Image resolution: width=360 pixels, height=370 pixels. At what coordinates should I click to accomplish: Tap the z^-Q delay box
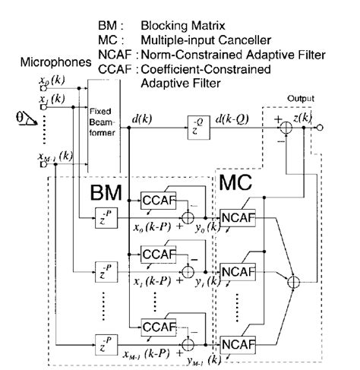click(x=196, y=123)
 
